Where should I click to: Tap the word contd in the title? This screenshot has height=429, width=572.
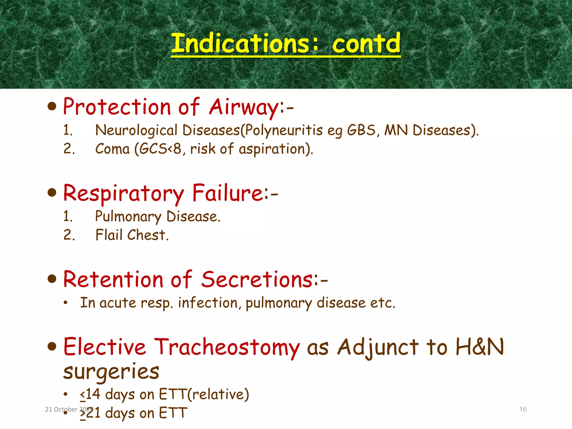pyautogui.click(x=366, y=43)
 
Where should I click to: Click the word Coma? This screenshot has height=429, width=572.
pyautogui.click(x=113, y=149)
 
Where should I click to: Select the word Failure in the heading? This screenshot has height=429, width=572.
pyautogui.click(x=227, y=193)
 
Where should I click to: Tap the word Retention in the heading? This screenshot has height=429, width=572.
pyautogui.click(x=113, y=279)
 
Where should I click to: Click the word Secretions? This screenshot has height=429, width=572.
pyautogui.click(x=257, y=279)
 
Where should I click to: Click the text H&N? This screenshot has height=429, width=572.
pyautogui.click(x=479, y=347)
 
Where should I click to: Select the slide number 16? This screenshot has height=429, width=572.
pyautogui.click(x=523, y=409)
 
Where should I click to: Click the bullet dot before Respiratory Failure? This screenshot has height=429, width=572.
pyautogui.click(x=52, y=192)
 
